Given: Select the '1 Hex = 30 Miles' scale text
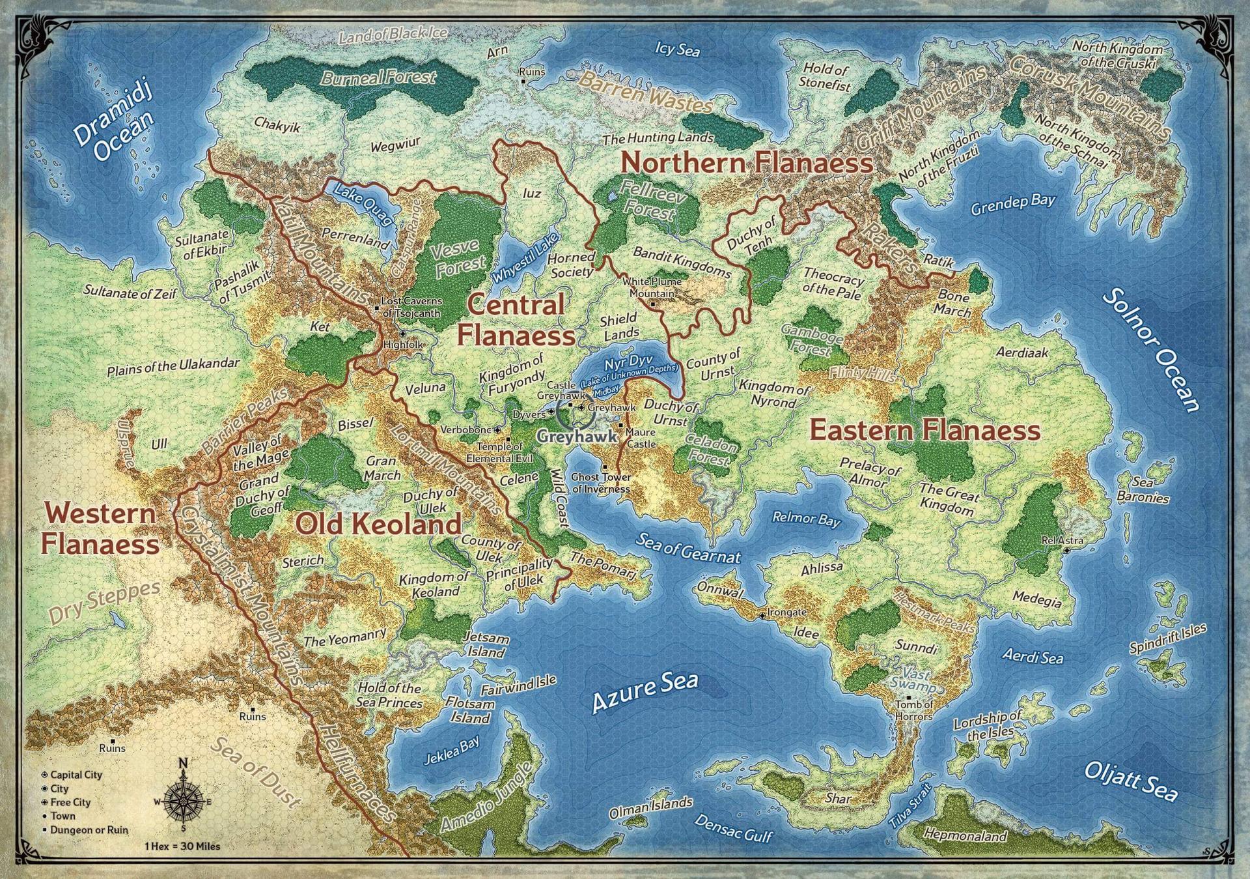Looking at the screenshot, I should click(x=182, y=846).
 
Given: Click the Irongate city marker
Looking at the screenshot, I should click(x=762, y=615).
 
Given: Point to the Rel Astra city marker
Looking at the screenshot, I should click(x=1067, y=551).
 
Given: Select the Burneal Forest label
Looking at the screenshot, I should click(x=378, y=78).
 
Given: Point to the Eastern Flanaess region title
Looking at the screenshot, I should click(x=924, y=431).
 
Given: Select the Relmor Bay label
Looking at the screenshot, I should click(x=806, y=519).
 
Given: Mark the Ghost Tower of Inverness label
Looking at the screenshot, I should click(x=600, y=483).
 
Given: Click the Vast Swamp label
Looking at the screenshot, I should click(x=919, y=680).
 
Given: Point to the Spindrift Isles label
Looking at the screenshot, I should click(x=1167, y=638).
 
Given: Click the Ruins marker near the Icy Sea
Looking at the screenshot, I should click(x=523, y=81).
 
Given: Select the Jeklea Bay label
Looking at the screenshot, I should click(x=451, y=750).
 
